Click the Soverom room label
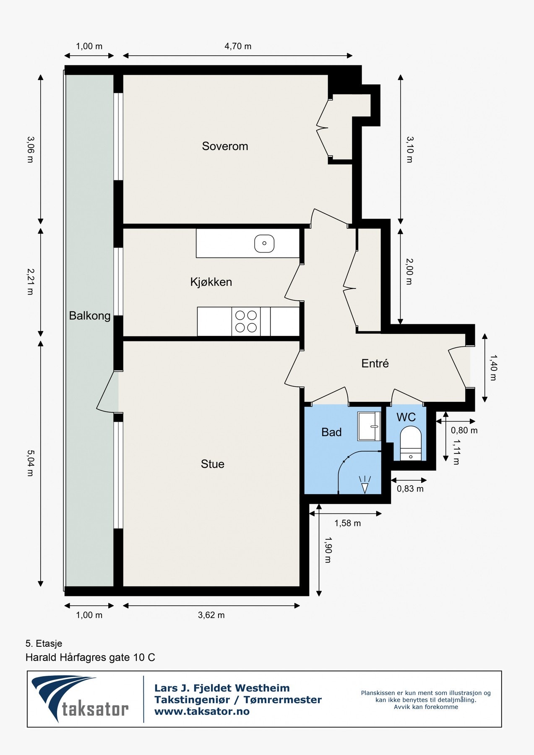point(225,146)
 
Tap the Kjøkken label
point(211,282)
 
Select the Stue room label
point(213,464)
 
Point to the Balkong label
point(90,316)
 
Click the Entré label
point(375,363)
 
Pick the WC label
point(406,417)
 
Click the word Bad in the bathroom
point(331,432)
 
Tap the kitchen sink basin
point(264,243)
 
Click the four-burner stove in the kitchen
point(246,321)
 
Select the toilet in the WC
point(411,444)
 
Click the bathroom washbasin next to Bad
point(369,426)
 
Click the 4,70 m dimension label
point(238,46)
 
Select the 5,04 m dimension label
point(30,463)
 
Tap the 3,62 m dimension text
point(211,615)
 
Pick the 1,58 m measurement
point(347,523)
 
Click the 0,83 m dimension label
point(410,489)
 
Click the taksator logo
point(80,699)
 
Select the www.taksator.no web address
point(202,711)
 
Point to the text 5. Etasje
point(44,643)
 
